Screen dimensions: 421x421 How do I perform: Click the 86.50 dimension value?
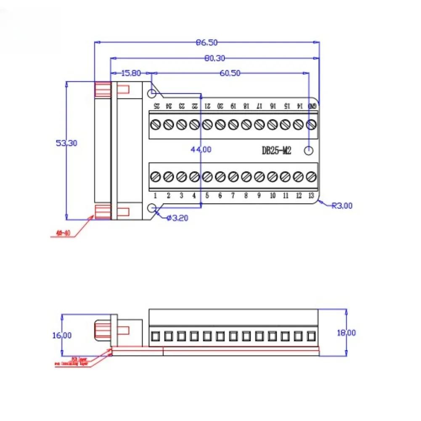point(206,42)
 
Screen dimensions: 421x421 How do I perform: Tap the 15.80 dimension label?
point(131,73)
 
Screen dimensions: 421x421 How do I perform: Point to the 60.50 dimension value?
point(230,73)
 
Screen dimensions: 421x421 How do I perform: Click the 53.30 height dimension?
point(66,143)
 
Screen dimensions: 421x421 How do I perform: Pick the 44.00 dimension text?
point(201,149)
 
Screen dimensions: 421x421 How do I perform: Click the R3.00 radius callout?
point(342,206)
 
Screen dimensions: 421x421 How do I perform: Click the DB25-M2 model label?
point(276,151)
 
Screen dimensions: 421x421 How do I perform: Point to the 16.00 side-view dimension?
point(62,335)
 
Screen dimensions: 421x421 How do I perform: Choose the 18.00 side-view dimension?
point(347,333)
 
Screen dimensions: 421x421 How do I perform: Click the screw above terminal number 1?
point(155,176)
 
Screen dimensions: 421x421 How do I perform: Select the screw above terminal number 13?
point(311,176)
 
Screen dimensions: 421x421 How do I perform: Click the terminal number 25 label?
point(156,106)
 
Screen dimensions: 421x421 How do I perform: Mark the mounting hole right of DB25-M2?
point(310,150)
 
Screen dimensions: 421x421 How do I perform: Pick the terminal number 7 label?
point(233,195)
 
